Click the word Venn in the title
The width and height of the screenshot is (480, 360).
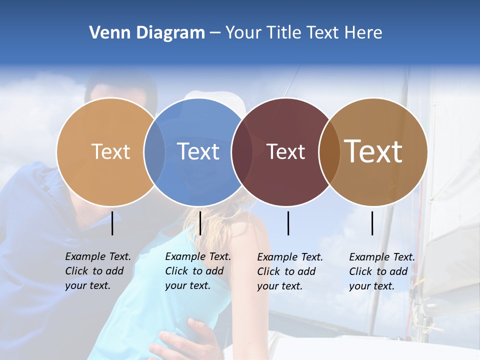point(106,32)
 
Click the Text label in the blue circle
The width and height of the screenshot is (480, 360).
point(198,151)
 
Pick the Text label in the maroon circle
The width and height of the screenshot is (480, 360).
point(285,151)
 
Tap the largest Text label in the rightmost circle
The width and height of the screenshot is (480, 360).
point(373,151)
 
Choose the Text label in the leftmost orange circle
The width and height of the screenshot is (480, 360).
point(110,151)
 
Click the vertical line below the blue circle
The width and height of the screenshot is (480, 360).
point(200,223)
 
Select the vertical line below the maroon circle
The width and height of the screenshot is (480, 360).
point(288,223)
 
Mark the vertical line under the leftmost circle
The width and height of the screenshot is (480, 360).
point(112,223)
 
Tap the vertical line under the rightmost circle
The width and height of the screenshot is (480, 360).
point(372,223)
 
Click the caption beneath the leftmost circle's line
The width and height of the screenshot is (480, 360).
point(98,271)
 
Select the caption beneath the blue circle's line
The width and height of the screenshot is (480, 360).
point(198,271)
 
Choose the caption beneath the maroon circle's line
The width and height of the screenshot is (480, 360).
point(290,271)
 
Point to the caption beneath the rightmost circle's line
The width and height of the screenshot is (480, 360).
point(382,271)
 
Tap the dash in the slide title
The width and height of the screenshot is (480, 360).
point(214,33)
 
